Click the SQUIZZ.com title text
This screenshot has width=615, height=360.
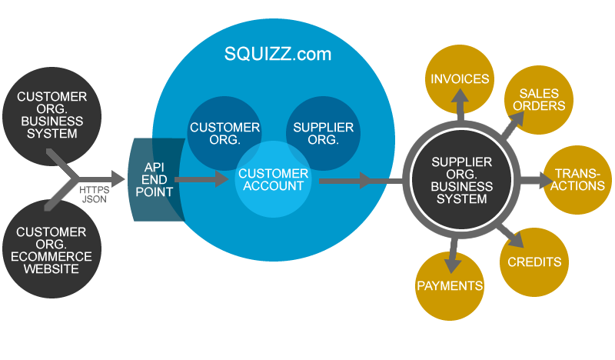pyautogui.click(x=278, y=54)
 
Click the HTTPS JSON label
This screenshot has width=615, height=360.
pyautogui.click(x=95, y=192)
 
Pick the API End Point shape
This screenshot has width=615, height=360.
pyautogui.click(x=158, y=179)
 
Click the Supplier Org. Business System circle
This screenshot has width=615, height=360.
pyautogui.click(x=460, y=181)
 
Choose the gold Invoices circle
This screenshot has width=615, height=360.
pyautogui.click(x=460, y=79)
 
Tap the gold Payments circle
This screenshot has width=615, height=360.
pyautogui.click(x=450, y=285)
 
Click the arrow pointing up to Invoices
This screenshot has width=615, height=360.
pyautogui.click(x=460, y=105)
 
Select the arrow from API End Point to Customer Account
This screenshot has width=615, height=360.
pyautogui.click(x=204, y=180)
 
